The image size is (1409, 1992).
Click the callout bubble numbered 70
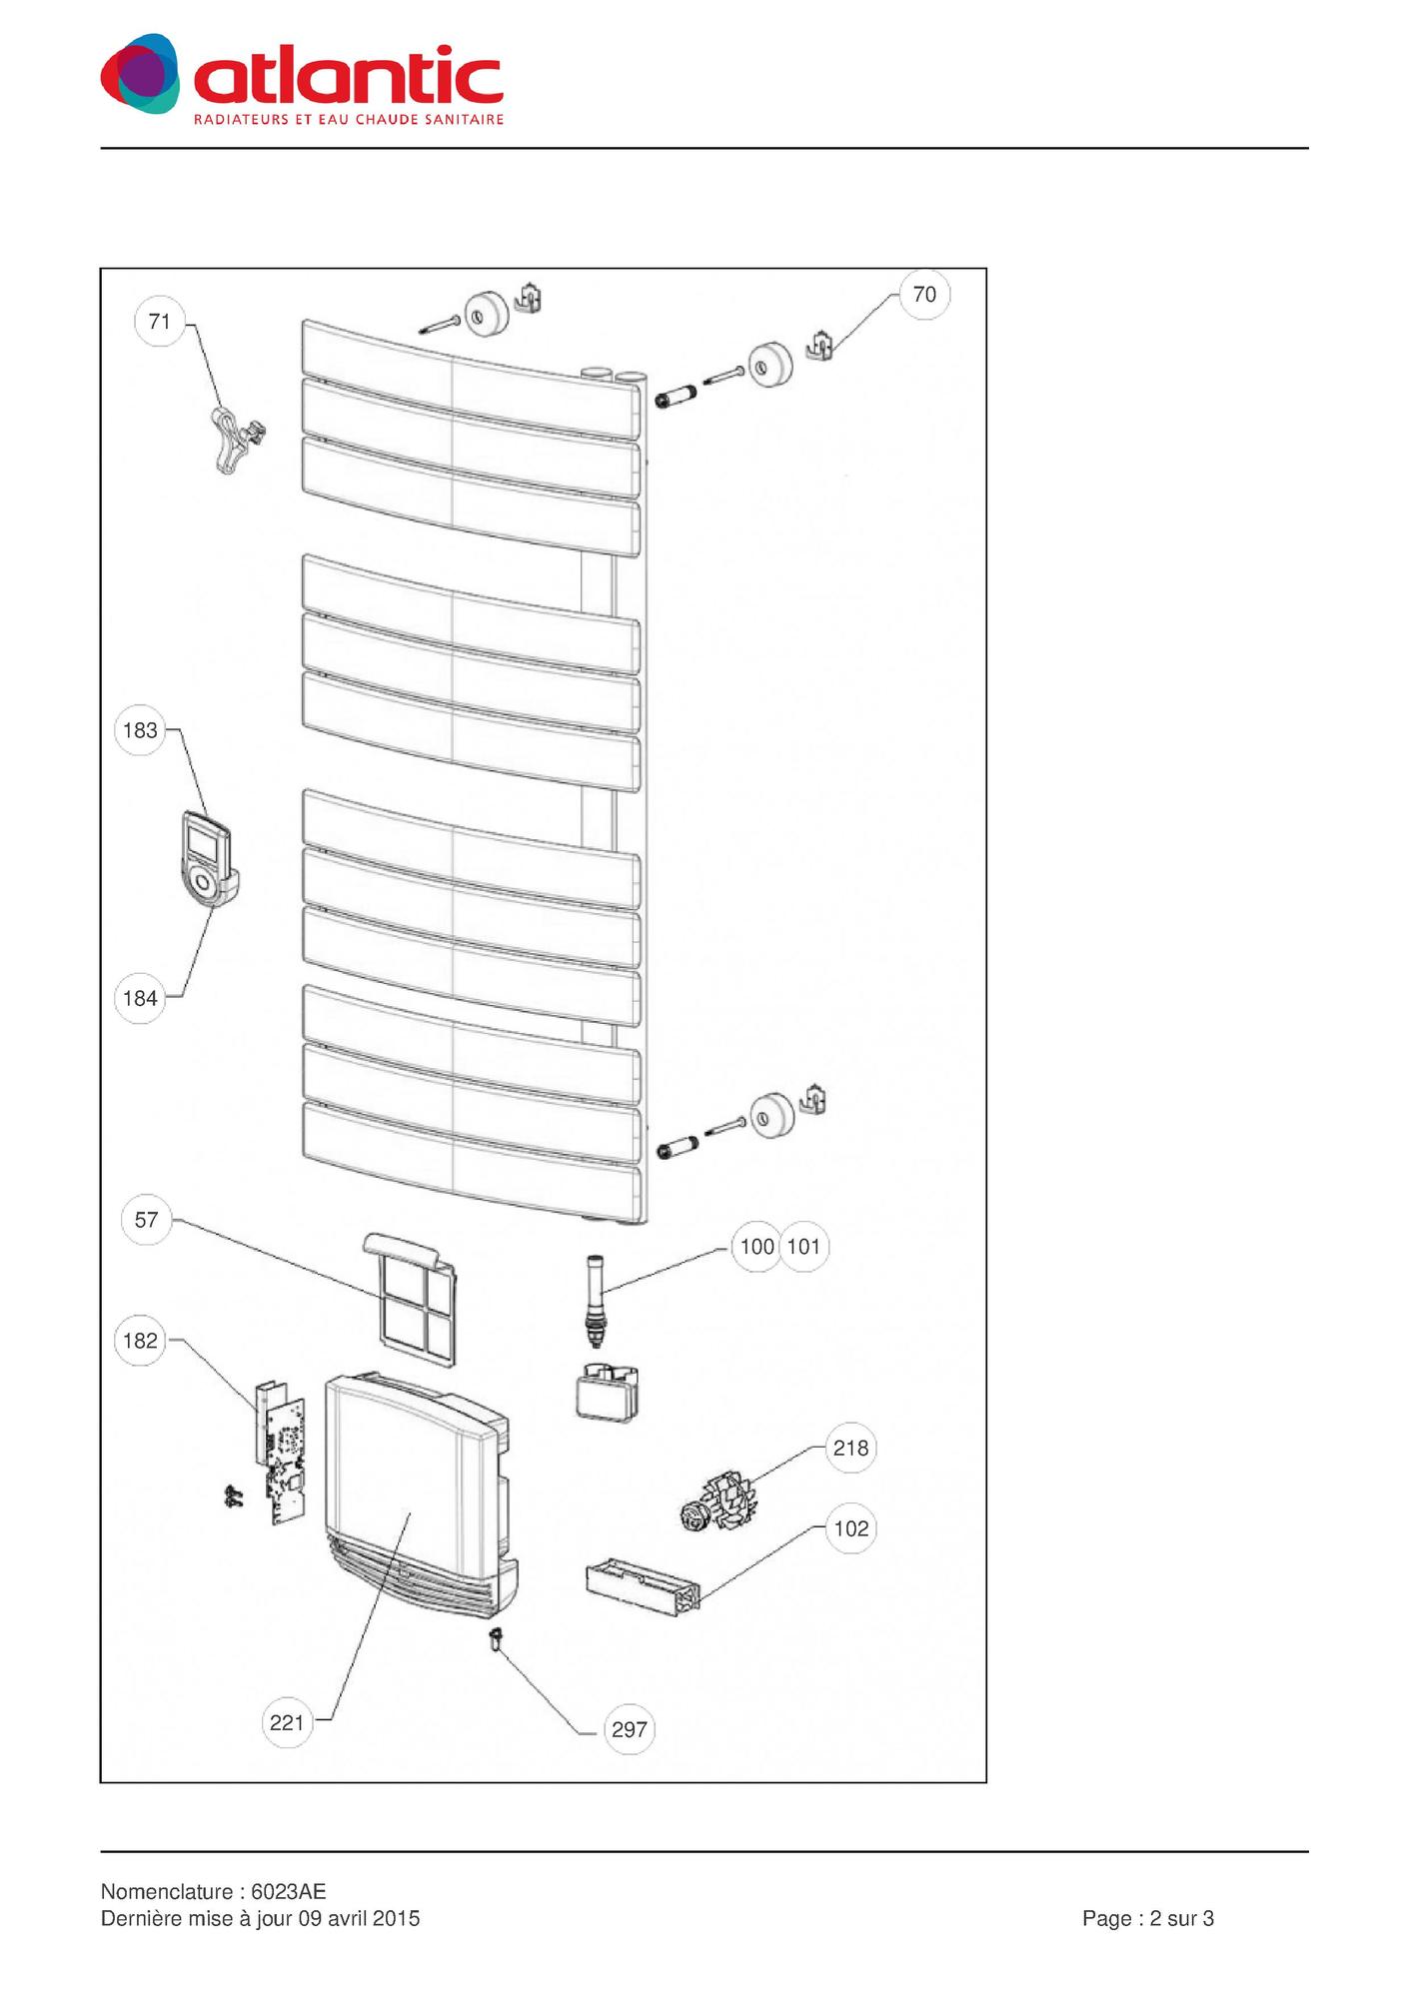[924, 294]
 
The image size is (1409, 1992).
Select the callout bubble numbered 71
[160, 322]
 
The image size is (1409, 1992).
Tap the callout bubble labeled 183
[140, 730]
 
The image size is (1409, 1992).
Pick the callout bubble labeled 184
[140, 998]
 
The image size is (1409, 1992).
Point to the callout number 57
[146, 1220]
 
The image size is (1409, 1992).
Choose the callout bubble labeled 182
[140, 1341]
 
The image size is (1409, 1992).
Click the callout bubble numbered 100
[756, 1247]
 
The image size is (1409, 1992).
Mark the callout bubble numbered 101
[804, 1247]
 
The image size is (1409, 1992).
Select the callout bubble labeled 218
[851, 1448]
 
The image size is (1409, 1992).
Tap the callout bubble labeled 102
[851, 1528]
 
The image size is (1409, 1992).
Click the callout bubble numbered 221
[287, 1722]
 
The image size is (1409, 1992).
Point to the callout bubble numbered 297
[630, 1729]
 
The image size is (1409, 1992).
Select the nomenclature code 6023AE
[288, 1892]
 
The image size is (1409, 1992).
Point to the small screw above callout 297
[494, 1639]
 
